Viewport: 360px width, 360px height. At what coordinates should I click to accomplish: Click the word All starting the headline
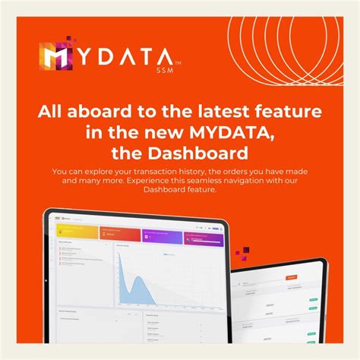point(52,112)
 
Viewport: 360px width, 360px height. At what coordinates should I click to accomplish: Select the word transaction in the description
point(166,171)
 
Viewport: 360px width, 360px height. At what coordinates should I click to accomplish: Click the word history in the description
point(212,171)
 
